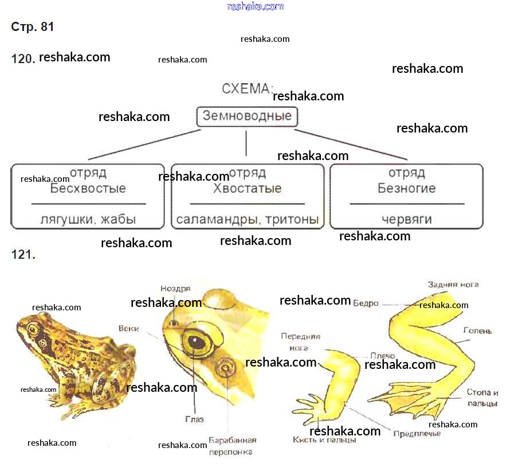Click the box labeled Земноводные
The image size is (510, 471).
(247, 116)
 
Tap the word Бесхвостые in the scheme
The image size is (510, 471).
(88, 189)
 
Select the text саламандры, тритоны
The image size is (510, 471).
(247, 220)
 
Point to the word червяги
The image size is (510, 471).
(407, 220)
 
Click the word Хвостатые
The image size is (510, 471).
(247, 189)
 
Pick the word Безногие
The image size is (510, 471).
(407, 189)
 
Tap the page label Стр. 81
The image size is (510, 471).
(33, 27)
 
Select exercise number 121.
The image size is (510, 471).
(23, 255)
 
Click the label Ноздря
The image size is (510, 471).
(175, 289)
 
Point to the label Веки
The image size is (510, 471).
(129, 329)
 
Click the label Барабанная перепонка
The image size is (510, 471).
(232, 446)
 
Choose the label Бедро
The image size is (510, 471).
(366, 303)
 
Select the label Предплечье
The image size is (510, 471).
(417, 433)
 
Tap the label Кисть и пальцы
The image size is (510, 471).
(324, 440)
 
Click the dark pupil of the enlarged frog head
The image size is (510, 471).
(198, 342)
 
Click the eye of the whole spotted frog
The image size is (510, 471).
(33, 330)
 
